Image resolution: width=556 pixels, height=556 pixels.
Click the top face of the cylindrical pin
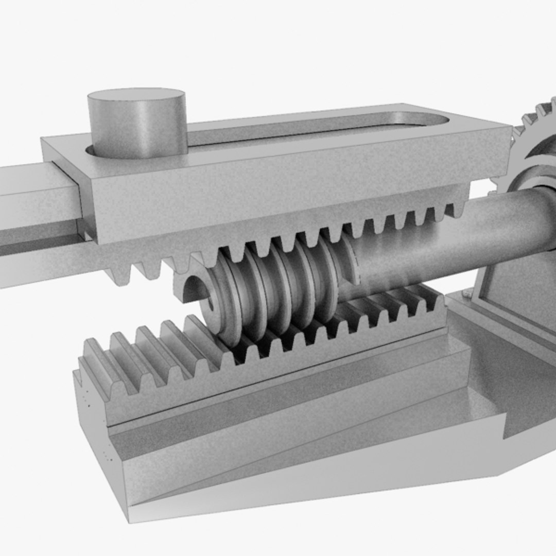click(136, 98)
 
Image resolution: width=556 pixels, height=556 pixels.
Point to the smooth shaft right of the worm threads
click(438, 232)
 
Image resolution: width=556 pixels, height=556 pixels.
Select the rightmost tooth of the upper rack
click(458, 208)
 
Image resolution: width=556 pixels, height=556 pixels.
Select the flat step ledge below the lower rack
click(288, 407)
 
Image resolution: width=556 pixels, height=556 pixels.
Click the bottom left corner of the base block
click(129, 520)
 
